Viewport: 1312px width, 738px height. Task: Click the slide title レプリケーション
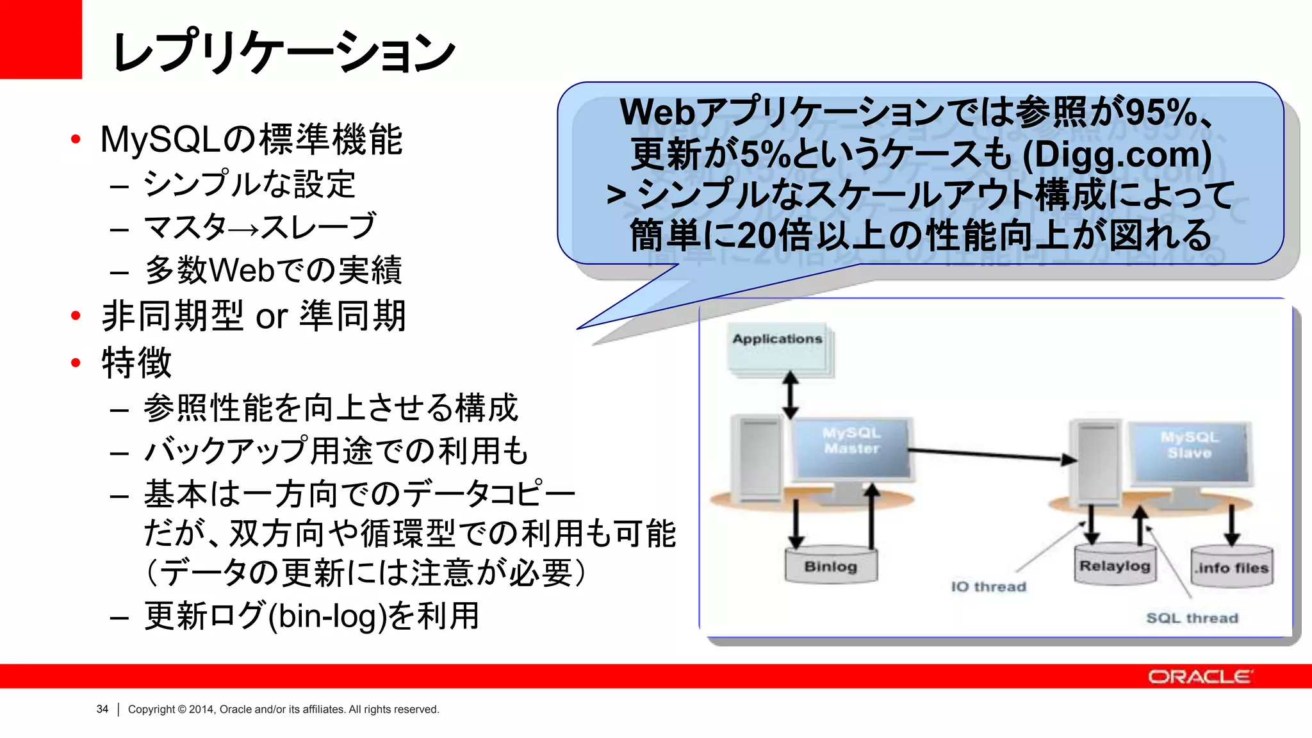282,51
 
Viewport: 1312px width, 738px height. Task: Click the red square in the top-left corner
40,38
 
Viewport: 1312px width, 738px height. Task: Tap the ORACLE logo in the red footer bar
1199,676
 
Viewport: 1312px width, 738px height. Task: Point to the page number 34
102,709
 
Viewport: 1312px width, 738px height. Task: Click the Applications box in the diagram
777,349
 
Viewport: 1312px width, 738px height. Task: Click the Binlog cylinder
831,566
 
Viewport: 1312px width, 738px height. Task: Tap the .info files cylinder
1231,567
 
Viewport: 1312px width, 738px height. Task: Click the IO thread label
988,587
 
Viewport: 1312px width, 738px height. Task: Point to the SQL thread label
1192,618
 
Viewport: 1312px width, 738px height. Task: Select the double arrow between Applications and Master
791,395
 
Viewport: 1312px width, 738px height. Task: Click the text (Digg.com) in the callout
1117,154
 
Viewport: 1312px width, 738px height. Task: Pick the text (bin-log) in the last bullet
327,616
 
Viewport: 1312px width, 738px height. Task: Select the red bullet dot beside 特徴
76,363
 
